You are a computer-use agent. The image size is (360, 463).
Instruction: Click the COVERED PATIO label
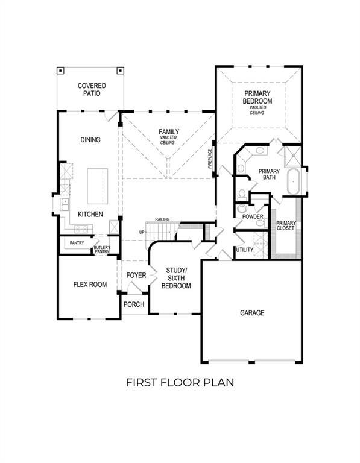tap(91, 90)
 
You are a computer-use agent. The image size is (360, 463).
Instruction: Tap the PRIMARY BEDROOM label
tap(257, 98)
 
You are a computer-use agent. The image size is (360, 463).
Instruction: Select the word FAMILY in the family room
tap(169, 131)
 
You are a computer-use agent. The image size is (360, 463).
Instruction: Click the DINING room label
tap(90, 140)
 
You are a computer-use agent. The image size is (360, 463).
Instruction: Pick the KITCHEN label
tap(89, 214)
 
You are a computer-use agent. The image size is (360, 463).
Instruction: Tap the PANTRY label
tap(77, 243)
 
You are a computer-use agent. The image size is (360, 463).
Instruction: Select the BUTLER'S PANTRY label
tap(102, 250)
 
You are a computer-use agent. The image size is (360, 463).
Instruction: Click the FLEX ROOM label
tap(90, 284)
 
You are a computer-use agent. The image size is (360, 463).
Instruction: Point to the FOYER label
tap(136, 276)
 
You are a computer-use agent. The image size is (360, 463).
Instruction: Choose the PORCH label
tap(133, 304)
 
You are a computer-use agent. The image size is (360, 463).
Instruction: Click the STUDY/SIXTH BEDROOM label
tap(176, 277)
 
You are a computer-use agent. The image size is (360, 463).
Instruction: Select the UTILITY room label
tap(244, 249)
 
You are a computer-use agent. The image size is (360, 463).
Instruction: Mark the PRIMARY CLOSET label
tap(285, 225)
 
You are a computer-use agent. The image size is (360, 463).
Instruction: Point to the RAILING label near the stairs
tap(162, 219)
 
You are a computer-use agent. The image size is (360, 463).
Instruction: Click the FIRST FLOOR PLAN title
tap(179, 382)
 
